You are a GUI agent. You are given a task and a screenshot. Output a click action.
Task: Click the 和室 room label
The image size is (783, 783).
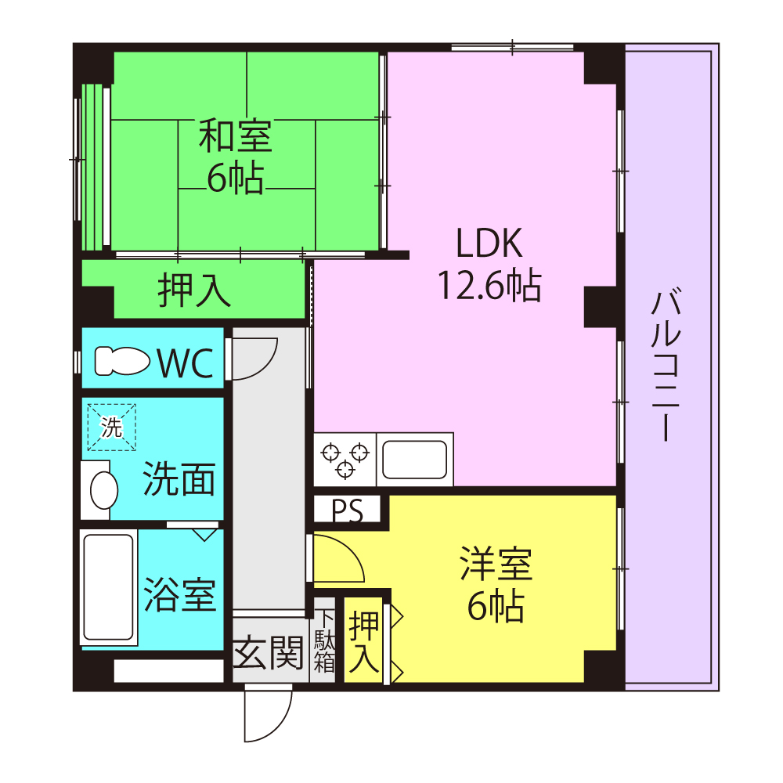[236, 135]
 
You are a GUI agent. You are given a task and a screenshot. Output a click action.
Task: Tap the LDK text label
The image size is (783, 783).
[489, 244]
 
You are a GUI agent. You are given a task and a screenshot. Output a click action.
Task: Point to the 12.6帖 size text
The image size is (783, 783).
[489, 285]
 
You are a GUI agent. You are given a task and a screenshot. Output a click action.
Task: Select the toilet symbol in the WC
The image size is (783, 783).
[122, 360]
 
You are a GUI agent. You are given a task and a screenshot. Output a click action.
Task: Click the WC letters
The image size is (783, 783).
[186, 363]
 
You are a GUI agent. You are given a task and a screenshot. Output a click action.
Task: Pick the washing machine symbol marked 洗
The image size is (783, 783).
[112, 428]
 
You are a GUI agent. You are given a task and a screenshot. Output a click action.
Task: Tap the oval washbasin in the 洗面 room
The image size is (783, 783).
[104, 490]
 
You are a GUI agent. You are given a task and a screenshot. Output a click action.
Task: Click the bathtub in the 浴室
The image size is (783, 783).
[108, 587]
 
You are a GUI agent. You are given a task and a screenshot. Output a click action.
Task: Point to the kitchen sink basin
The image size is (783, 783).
[414, 460]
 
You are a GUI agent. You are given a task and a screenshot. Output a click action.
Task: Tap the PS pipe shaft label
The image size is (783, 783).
[348, 511]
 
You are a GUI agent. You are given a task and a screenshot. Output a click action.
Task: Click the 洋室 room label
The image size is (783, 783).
[496, 563]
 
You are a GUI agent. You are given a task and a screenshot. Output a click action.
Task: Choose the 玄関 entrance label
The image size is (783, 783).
[269, 652]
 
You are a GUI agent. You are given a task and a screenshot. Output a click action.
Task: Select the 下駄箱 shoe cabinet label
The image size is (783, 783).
[325, 642]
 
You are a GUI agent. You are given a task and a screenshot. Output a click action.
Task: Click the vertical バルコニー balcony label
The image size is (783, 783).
[666, 366]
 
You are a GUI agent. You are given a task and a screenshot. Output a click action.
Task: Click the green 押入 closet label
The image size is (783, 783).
[194, 290]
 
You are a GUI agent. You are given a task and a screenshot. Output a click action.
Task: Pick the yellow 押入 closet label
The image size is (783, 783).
[363, 642]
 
